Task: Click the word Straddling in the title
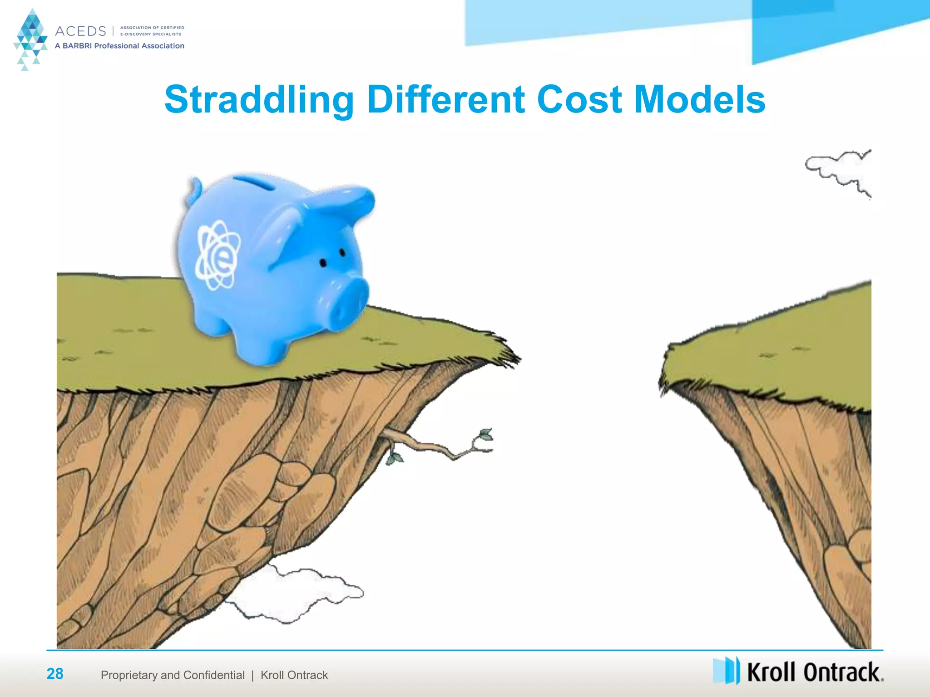[259, 100]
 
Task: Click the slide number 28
[55, 674]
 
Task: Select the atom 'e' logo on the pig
[217, 255]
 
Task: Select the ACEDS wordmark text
[80, 31]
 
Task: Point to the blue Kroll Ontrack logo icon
[726, 670]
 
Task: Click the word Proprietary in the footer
[129, 675]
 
